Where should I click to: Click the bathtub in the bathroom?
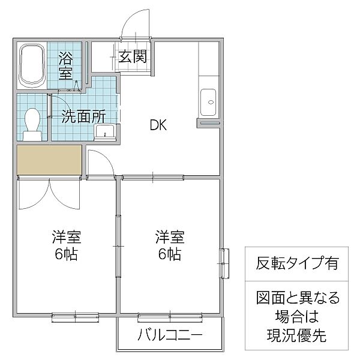coord(32,66)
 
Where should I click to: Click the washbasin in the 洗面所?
coord(108,131)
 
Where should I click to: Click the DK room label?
coord(158,125)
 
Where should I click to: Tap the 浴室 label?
coord(67,66)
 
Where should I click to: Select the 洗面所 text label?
coord(82,116)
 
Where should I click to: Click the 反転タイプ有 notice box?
coord(294,263)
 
